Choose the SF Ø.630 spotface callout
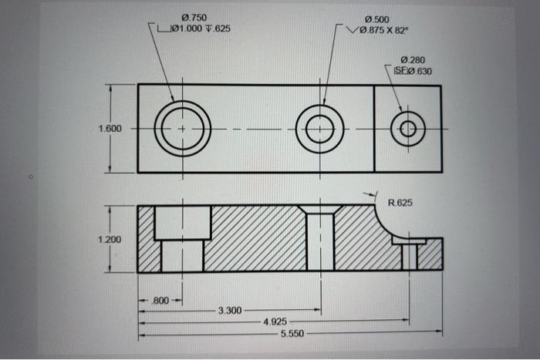(413, 71)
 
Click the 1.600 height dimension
(110, 128)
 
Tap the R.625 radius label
(400, 204)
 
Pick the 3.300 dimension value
(230, 311)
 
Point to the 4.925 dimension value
(275, 321)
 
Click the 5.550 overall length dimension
(292, 332)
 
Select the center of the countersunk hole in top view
(319, 128)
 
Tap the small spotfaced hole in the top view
(407, 128)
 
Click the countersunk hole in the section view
(320, 239)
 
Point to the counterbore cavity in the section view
(183, 223)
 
